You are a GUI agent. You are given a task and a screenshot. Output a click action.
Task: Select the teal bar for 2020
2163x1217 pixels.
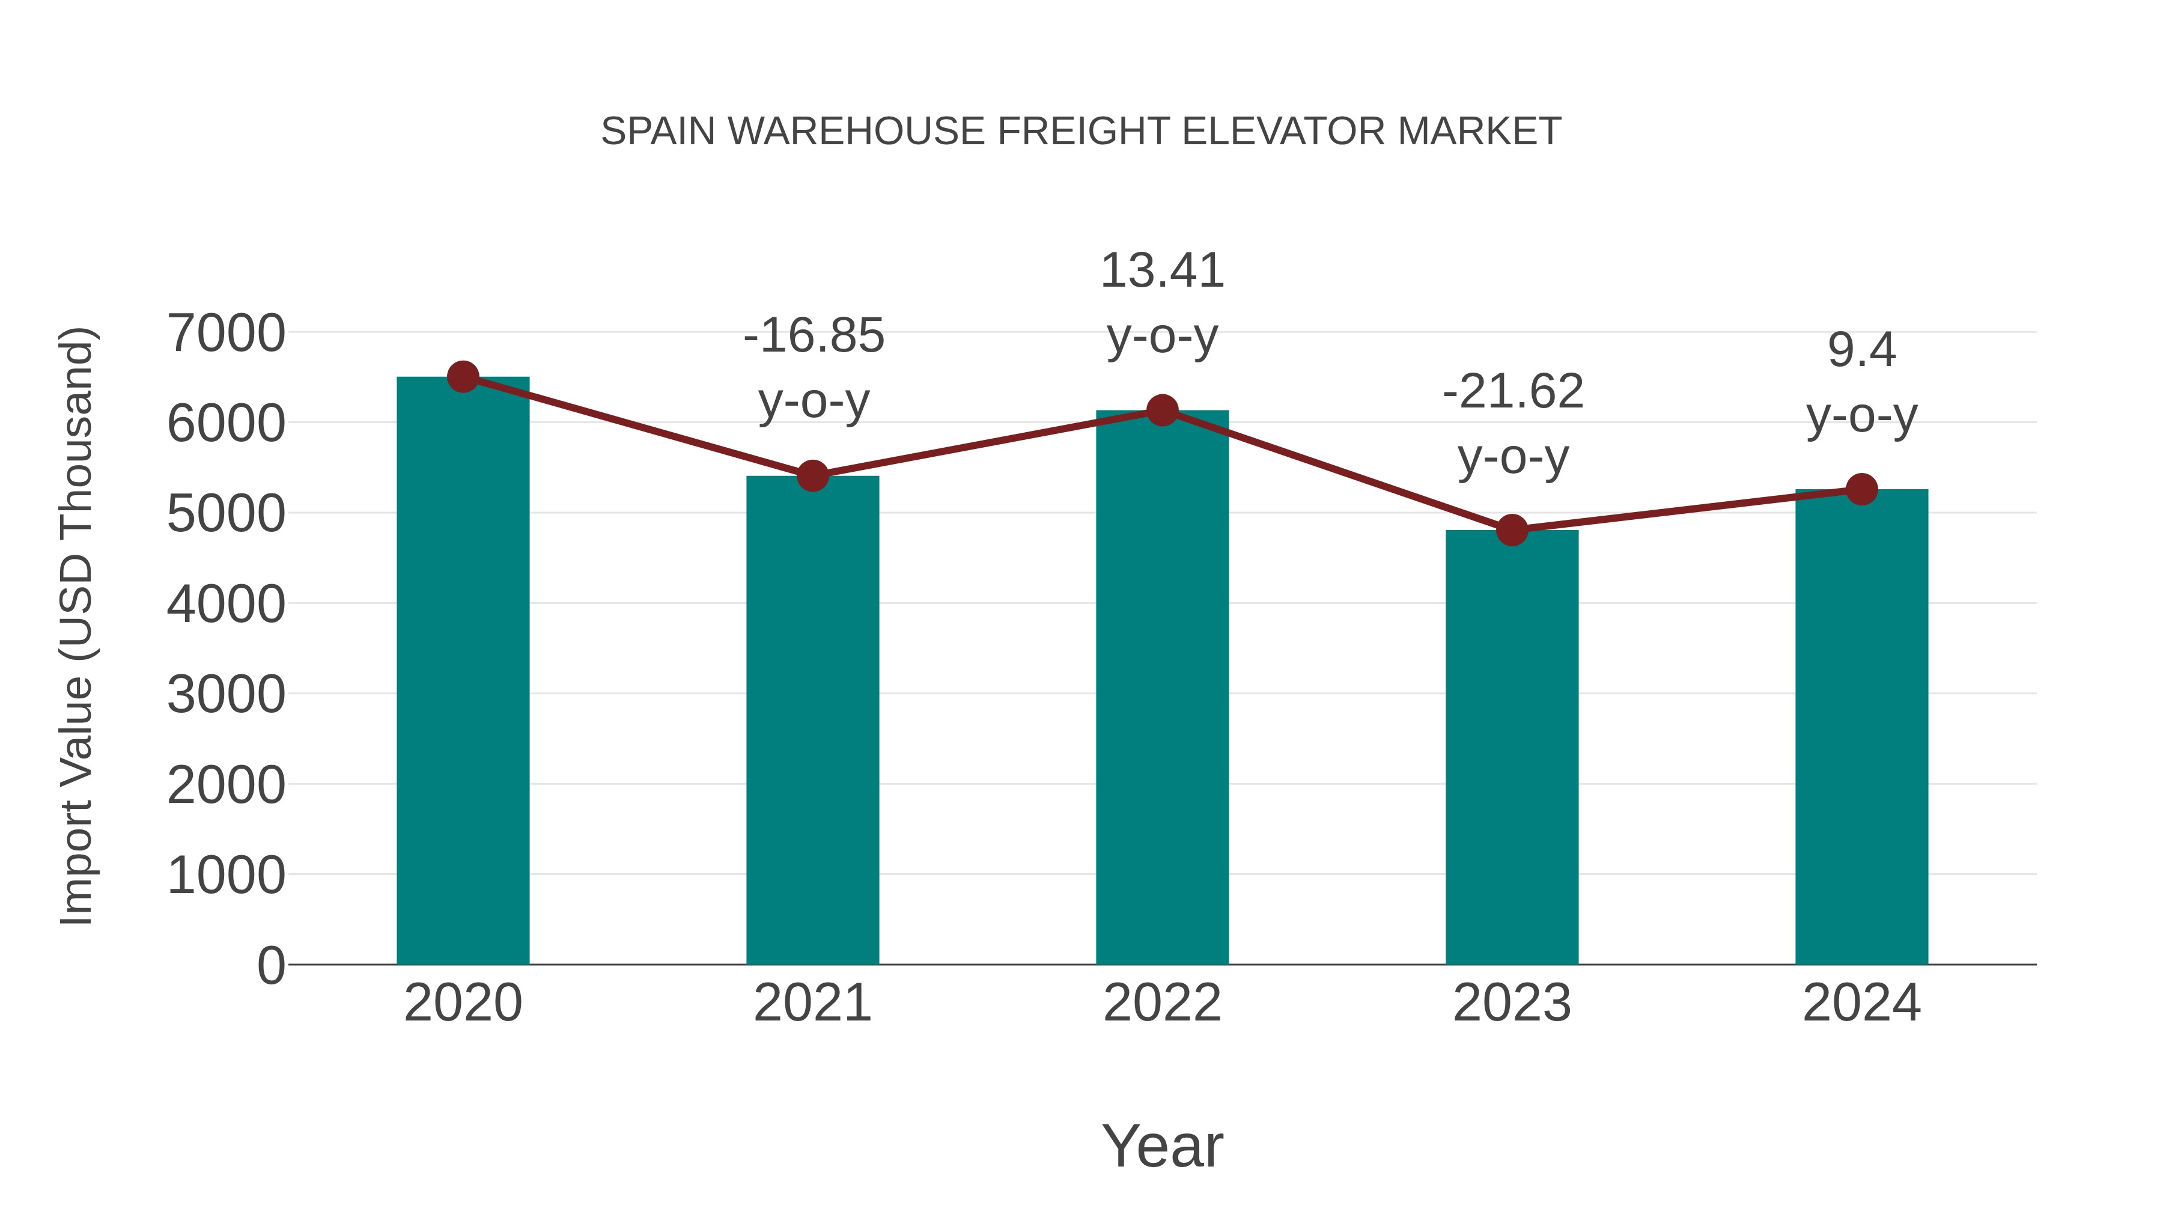pyautogui.click(x=463, y=672)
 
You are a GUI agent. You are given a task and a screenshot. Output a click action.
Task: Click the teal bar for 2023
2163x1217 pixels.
pyautogui.click(x=1512, y=748)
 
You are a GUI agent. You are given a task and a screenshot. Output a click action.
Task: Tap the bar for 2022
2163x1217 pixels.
pyautogui.click(x=1162, y=689)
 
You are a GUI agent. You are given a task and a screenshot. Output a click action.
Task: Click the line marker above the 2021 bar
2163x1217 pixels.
pyautogui.click(x=812, y=476)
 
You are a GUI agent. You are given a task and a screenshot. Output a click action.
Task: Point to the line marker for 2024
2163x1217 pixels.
pyautogui.click(x=1861, y=489)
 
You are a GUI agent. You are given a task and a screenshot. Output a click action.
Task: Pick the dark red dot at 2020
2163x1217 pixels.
pyautogui.click(x=463, y=377)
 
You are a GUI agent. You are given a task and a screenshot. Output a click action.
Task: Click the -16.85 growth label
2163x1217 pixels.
pyautogui.click(x=814, y=336)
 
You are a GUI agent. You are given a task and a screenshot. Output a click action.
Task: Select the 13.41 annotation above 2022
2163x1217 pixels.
pyautogui.click(x=1162, y=270)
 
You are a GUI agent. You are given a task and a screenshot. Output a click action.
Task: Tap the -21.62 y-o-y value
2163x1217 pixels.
pyautogui.click(x=1513, y=391)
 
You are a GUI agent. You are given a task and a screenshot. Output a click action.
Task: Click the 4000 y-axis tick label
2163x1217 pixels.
pyautogui.click(x=226, y=604)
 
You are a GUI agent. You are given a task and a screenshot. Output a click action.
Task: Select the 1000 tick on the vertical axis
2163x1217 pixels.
pyautogui.click(x=226, y=875)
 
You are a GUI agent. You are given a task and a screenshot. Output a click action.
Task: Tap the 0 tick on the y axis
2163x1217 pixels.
pyautogui.click(x=271, y=965)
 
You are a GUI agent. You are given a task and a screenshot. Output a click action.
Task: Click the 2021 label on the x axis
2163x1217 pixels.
pyautogui.click(x=812, y=1003)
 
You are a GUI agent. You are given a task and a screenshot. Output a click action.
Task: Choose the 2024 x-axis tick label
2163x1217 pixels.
pyautogui.click(x=1861, y=1003)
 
